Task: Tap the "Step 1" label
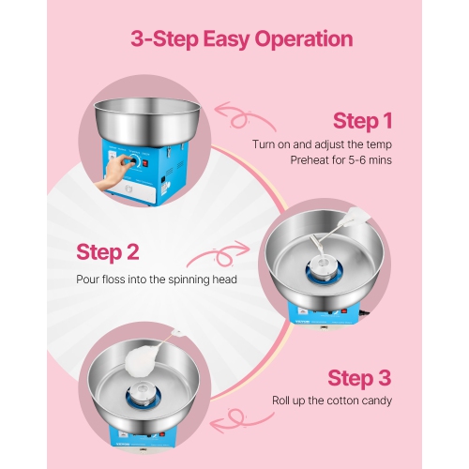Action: coord(362,120)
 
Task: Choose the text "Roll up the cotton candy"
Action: coord(332,401)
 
